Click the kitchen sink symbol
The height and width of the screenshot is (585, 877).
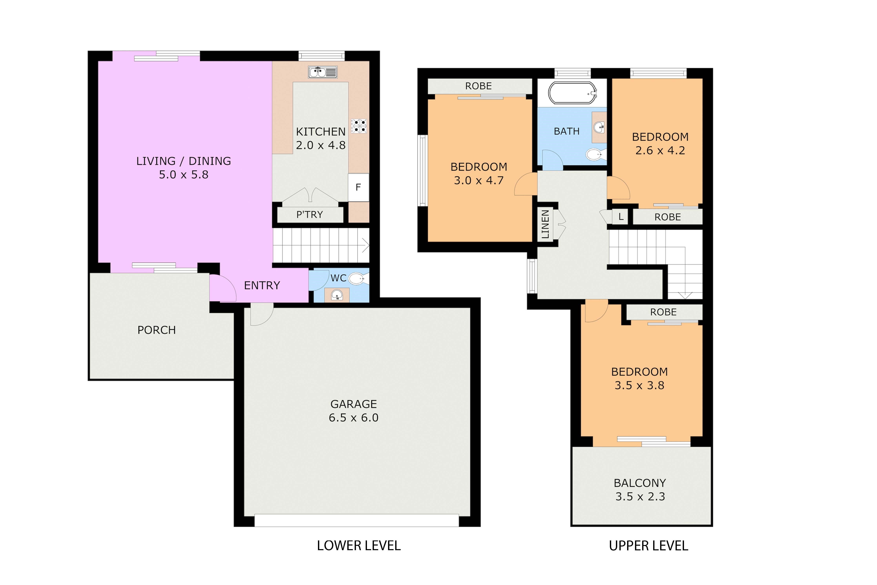(323, 72)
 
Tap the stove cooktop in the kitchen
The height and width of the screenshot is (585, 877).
(359, 126)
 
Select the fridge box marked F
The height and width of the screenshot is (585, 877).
(358, 187)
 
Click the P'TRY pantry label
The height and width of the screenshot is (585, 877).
(310, 214)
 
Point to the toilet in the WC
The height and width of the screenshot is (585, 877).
(358, 278)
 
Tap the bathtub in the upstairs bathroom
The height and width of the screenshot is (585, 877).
(572, 93)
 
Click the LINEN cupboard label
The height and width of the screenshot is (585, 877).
(545, 224)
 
